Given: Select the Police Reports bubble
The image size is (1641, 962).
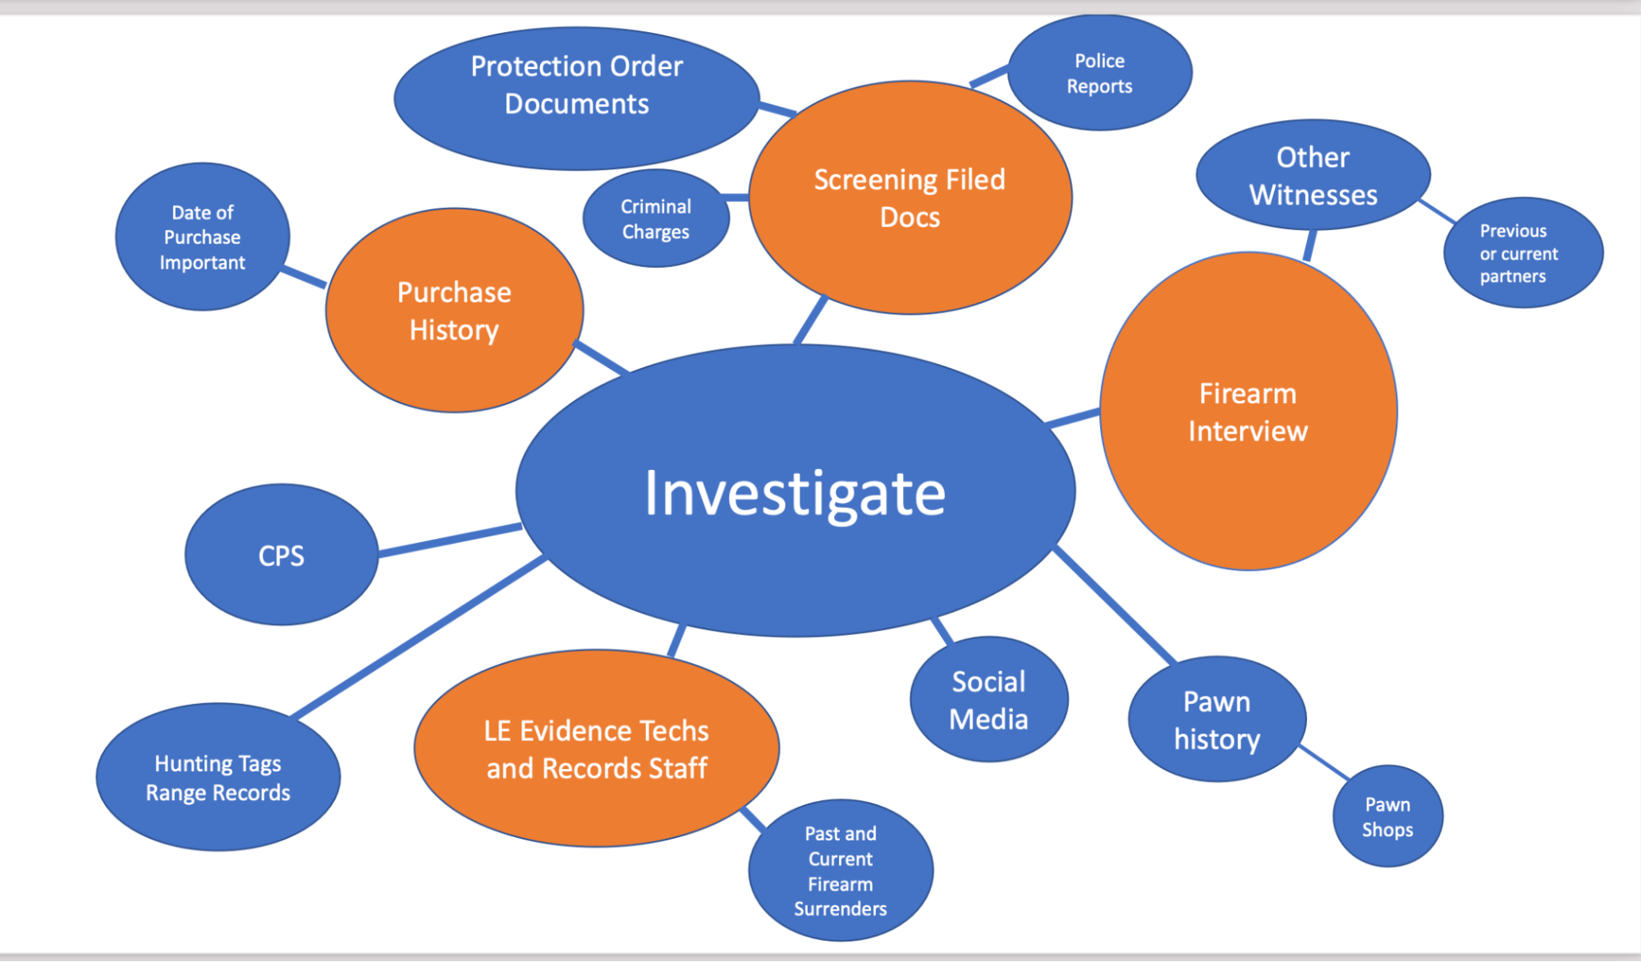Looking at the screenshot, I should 1099,73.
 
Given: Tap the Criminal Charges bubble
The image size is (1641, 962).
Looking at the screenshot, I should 655,219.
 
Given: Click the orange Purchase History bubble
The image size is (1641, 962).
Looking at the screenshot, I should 454,311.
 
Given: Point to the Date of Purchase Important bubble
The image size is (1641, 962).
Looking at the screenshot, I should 202,237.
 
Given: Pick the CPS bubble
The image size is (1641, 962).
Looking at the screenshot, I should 281,555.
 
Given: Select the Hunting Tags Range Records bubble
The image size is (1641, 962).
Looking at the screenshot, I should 218,777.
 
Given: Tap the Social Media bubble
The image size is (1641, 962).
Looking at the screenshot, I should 988,700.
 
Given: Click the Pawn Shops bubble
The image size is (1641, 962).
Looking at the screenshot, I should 1387,817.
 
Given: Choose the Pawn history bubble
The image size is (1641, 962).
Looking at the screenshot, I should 1217,720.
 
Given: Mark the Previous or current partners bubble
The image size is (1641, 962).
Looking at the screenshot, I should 1522,253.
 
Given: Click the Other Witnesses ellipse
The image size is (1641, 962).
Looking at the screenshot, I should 1313,175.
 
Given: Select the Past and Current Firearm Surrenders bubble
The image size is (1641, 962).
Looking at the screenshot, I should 840,871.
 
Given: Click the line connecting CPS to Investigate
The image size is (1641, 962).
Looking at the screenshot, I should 450,540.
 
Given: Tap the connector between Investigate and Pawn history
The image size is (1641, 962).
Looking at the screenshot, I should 1115,605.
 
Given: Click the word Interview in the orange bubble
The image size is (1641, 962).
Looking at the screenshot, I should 1248,431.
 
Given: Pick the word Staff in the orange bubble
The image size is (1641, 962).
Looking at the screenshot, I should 677,768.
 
